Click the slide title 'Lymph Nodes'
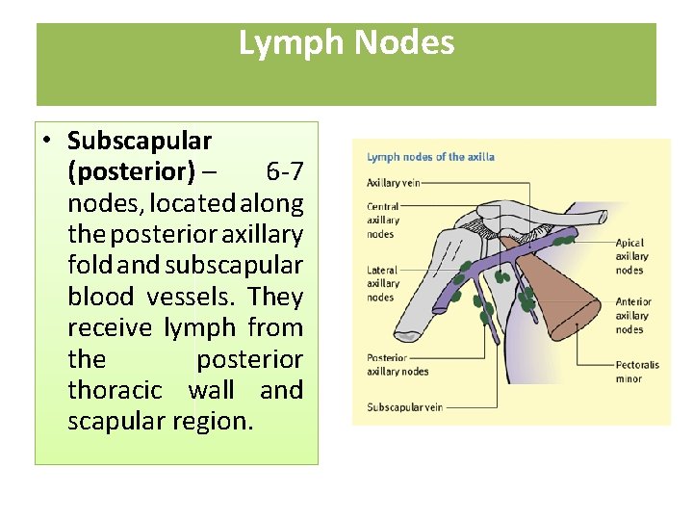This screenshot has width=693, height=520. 346,43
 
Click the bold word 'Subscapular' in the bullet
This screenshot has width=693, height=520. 140,141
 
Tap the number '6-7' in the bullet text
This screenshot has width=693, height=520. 285,172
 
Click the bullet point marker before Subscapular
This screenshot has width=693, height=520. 47,142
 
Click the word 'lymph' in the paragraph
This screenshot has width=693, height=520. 200,328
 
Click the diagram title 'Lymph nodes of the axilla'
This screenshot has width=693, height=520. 430,157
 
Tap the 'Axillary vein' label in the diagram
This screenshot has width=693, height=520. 393,182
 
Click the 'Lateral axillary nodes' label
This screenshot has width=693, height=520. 383,284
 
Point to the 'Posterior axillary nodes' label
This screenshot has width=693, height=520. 398,364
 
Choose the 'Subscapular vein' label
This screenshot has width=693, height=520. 405,407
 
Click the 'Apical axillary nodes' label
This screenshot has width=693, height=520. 631,257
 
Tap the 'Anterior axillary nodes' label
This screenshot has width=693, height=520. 634,316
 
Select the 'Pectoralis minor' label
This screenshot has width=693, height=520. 637,372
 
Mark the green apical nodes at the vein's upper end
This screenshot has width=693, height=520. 561,241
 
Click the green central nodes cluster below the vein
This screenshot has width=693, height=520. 501,277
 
